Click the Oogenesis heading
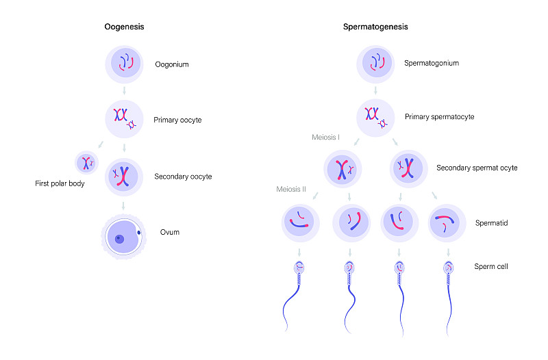[x=124, y=27]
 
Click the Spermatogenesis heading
[x=375, y=27]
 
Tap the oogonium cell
[x=124, y=64]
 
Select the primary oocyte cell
[x=124, y=119]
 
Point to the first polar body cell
[x=86, y=163]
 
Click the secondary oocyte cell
[x=124, y=177]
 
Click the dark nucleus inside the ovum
[x=120, y=239]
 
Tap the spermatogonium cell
[x=375, y=64]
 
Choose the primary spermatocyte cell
[x=375, y=117]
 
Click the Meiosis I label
[x=327, y=138]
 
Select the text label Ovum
[x=169, y=233]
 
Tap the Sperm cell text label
[x=491, y=266]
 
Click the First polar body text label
[x=60, y=184]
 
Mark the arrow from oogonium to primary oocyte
[x=124, y=90]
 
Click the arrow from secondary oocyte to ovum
[x=124, y=205]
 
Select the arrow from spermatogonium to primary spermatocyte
[x=375, y=89]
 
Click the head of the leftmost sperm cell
[x=301, y=269]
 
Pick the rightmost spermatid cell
[x=447, y=223]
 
